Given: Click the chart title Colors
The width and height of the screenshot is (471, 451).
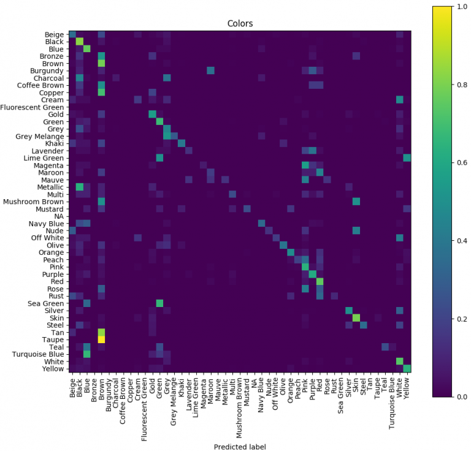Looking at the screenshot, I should [x=240, y=24].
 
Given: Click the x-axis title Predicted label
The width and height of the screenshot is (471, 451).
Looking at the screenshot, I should [x=240, y=447].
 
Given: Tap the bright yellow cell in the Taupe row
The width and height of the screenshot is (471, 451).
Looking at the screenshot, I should [x=101, y=339].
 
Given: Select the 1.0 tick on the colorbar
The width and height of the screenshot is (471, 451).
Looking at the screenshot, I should [x=457, y=6].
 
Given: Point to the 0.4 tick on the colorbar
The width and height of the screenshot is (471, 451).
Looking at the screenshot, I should [x=457, y=241].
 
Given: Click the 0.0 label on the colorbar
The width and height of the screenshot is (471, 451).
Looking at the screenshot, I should [x=457, y=397].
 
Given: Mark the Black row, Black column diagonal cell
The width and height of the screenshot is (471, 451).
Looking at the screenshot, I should [x=80, y=41].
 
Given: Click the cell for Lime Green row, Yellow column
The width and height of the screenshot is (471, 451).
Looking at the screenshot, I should [x=407, y=157].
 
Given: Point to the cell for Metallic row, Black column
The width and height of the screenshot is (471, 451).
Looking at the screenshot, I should [x=80, y=186].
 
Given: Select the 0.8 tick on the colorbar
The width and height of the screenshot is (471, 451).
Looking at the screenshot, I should [x=457, y=85].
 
